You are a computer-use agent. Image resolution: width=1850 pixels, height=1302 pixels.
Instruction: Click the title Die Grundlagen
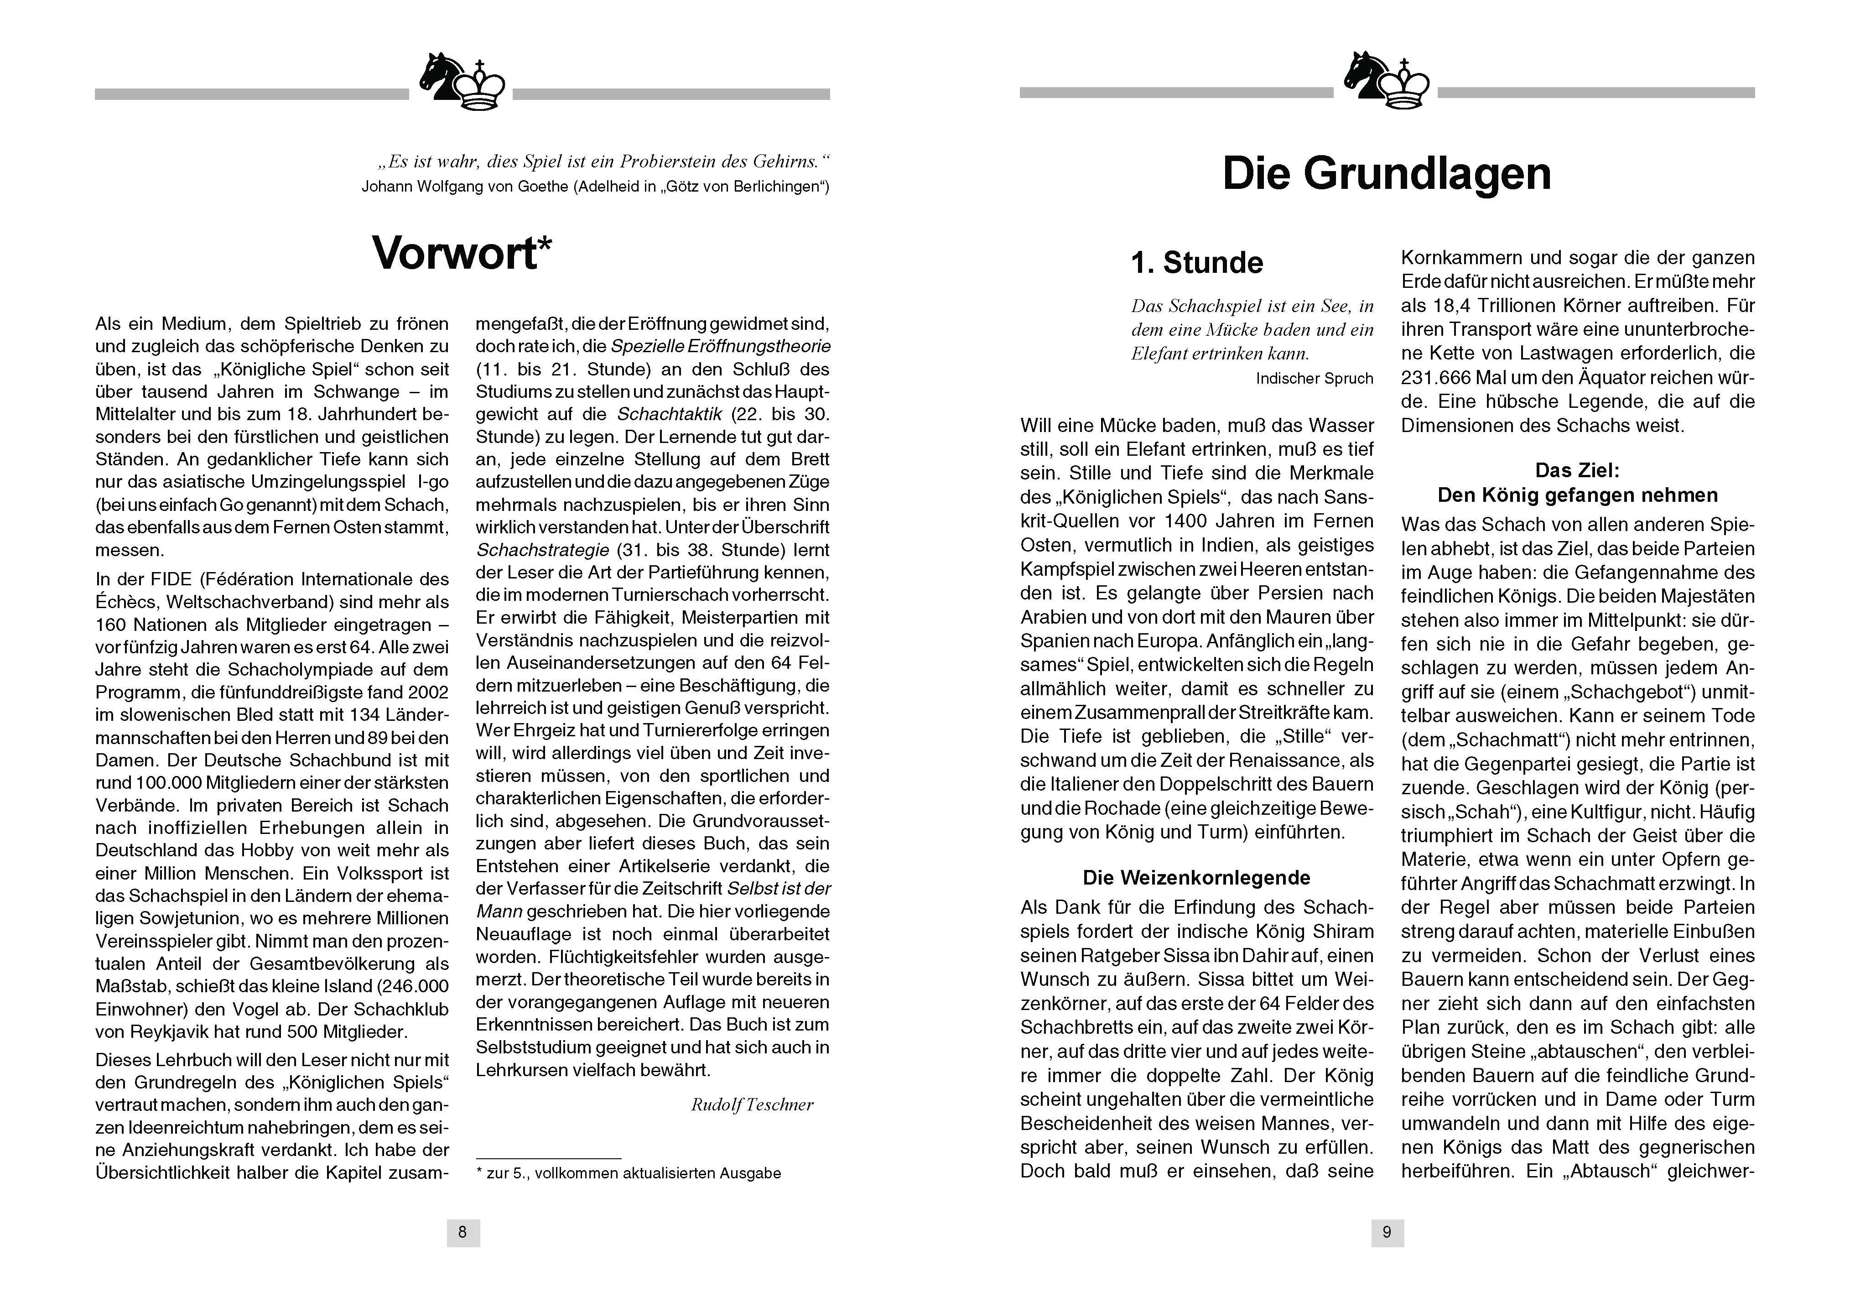click(1386, 174)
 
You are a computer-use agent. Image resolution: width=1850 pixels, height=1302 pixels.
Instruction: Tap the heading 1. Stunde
click(1196, 263)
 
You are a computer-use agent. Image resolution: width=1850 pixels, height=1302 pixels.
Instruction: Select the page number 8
click(462, 1232)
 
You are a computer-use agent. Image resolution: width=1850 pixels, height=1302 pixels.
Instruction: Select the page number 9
click(1387, 1232)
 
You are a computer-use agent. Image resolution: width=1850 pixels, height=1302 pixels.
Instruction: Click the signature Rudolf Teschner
click(752, 1104)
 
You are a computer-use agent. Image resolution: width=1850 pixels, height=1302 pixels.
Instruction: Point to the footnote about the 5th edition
click(629, 1173)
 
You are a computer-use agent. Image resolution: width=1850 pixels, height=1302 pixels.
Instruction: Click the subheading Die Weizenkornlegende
click(1196, 877)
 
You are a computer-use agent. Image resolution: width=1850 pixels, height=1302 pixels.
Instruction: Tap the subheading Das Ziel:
click(1577, 470)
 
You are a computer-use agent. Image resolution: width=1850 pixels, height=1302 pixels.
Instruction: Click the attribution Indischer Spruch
click(1313, 378)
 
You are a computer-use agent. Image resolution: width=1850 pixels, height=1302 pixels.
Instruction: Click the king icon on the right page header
click(1406, 84)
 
